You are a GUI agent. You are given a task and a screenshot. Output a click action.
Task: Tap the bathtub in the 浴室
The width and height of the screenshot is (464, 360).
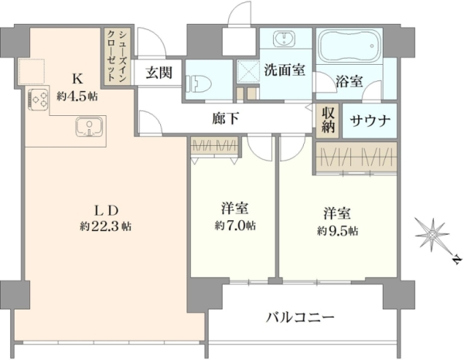(x=350, y=46)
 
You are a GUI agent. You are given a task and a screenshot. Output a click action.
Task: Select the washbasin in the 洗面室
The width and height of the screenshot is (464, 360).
(x=284, y=39)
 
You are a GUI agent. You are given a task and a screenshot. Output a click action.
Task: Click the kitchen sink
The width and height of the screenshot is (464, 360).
(x=89, y=127)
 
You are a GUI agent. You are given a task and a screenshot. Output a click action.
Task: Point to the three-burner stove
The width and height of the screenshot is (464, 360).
(x=38, y=100)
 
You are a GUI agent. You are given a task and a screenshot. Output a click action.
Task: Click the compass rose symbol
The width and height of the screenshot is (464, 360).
(x=432, y=235)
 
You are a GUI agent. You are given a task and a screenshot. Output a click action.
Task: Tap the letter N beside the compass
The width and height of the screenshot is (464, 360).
(x=457, y=260)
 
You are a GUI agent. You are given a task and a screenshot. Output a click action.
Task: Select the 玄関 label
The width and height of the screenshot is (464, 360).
(x=159, y=73)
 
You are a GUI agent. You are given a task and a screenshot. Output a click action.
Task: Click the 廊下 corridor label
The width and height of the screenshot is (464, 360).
(x=226, y=118)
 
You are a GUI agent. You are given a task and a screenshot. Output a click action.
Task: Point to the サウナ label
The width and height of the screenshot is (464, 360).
(x=370, y=121)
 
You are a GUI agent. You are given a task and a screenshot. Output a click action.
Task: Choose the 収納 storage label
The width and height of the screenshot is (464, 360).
(x=329, y=120)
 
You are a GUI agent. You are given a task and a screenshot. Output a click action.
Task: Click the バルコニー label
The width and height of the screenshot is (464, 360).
(x=300, y=318)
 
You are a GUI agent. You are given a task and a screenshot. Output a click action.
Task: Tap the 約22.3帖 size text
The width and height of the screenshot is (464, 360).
(x=105, y=226)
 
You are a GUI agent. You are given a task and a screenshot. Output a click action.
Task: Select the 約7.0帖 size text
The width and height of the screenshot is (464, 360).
(x=235, y=226)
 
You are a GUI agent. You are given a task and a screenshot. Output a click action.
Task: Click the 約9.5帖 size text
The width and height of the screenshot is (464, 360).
(x=337, y=230)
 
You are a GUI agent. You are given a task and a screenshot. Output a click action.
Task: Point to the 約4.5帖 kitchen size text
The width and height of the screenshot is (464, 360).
(x=77, y=97)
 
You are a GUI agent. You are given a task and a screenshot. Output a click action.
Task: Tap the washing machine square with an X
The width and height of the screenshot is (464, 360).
(x=248, y=71)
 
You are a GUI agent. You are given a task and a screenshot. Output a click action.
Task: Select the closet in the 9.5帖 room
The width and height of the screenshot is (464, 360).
(x=356, y=158)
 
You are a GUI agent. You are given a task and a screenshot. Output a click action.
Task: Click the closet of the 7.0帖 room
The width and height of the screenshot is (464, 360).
(x=215, y=145)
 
